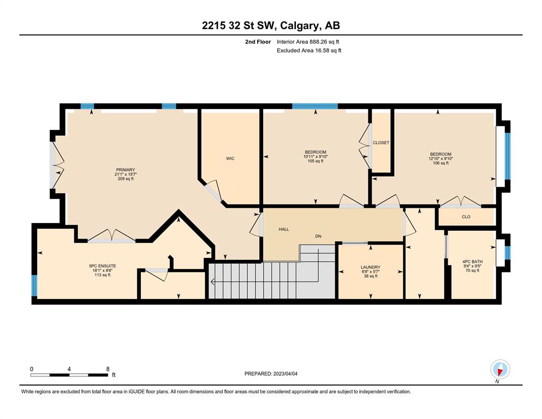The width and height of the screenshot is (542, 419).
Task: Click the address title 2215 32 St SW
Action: pyautogui.click(x=238, y=25)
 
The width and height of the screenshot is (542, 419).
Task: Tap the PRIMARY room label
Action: pyautogui.click(x=126, y=170)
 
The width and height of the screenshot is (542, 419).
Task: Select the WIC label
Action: pyautogui.click(x=230, y=159)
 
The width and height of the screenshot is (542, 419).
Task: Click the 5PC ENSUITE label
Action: pyautogui.click(x=103, y=266)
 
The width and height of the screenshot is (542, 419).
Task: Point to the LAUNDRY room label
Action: pyautogui.click(x=371, y=267)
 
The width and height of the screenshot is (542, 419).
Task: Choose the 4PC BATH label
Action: pyautogui.click(x=473, y=261)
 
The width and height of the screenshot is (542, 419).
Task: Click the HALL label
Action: pyautogui.click(x=284, y=229)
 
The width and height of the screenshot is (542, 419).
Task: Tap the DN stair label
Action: pyautogui.click(x=318, y=236)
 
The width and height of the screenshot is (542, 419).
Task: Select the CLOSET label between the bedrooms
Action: pyautogui.click(x=381, y=142)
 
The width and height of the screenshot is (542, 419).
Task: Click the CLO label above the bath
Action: pyautogui.click(x=466, y=217)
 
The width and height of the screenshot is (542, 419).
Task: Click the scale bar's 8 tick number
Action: pyautogui.click(x=108, y=369)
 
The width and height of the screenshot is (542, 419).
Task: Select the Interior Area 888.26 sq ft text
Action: pyautogui.click(x=308, y=42)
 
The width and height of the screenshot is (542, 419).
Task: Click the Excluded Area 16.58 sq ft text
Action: pyautogui.click(x=309, y=50)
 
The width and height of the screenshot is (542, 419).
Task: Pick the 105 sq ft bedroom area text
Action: pyautogui.click(x=315, y=161)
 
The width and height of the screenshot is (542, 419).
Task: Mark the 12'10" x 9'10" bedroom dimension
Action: pyautogui.click(x=440, y=159)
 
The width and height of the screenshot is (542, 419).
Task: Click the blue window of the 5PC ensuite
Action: pyautogui.click(x=34, y=286)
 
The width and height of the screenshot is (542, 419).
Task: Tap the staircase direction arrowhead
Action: pyautogui.click(x=212, y=282)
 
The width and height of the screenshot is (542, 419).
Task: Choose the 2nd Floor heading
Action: pyautogui.click(x=258, y=42)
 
